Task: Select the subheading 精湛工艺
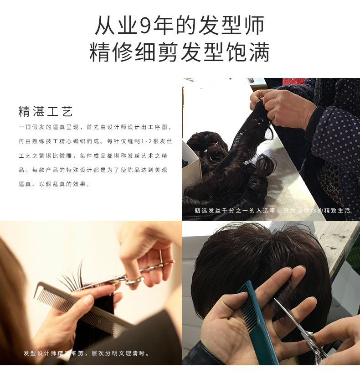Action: [46, 111]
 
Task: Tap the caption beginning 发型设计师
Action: [87, 353]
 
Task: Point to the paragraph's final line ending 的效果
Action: [54, 184]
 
